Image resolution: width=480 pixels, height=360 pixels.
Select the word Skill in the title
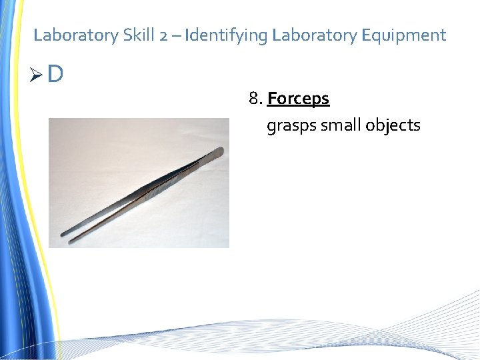139,35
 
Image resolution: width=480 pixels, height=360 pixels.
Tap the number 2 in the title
164,35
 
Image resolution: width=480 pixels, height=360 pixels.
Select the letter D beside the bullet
55,74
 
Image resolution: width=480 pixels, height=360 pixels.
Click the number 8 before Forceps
254,99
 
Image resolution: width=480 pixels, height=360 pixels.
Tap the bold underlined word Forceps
298,99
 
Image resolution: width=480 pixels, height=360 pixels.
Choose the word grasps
291,125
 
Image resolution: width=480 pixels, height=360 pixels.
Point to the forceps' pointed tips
66,234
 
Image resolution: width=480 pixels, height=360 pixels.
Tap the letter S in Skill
127,35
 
